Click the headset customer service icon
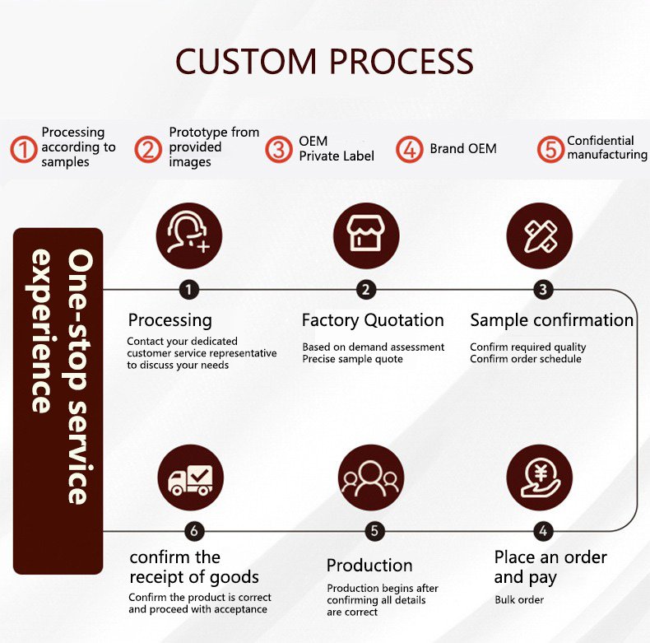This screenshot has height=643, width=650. (189, 236)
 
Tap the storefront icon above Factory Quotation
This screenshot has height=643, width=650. (366, 236)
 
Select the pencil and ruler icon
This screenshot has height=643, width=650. (540, 236)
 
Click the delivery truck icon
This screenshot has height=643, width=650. (190, 478)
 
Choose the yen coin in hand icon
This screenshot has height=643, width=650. (540, 478)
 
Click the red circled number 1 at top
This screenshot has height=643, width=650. (24, 149)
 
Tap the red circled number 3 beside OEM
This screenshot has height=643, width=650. (281, 149)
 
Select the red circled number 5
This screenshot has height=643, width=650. (550, 149)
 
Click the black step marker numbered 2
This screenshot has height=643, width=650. (366, 289)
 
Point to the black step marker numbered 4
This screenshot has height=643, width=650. (542, 531)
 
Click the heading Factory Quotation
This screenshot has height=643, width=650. (373, 320)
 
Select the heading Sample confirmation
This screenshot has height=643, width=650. (551, 319)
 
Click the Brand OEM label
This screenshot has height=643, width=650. (462, 149)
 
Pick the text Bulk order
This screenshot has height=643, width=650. (519, 599)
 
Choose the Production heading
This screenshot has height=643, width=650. (369, 565)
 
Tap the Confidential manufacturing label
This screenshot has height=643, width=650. (606, 147)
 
